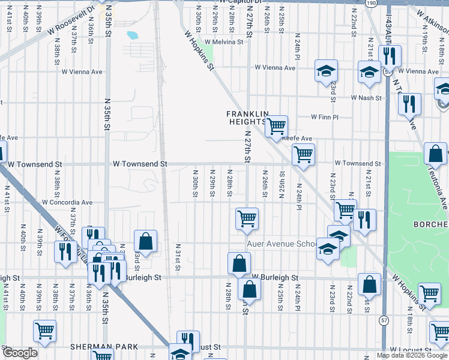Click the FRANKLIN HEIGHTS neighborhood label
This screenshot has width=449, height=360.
(x=247, y=117)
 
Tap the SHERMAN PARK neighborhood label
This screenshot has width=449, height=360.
(x=104, y=347)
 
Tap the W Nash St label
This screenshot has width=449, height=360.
(x=367, y=97)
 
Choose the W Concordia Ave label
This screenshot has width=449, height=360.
(x=67, y=202)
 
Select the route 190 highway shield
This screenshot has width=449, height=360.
(x=372, y=3)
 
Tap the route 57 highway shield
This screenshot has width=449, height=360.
(x=384, y=320)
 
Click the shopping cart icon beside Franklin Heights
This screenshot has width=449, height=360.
(x=276, y=127)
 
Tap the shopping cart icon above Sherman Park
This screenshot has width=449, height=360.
(x=45, y=330)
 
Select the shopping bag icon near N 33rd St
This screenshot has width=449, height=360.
(x=145, y=242)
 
